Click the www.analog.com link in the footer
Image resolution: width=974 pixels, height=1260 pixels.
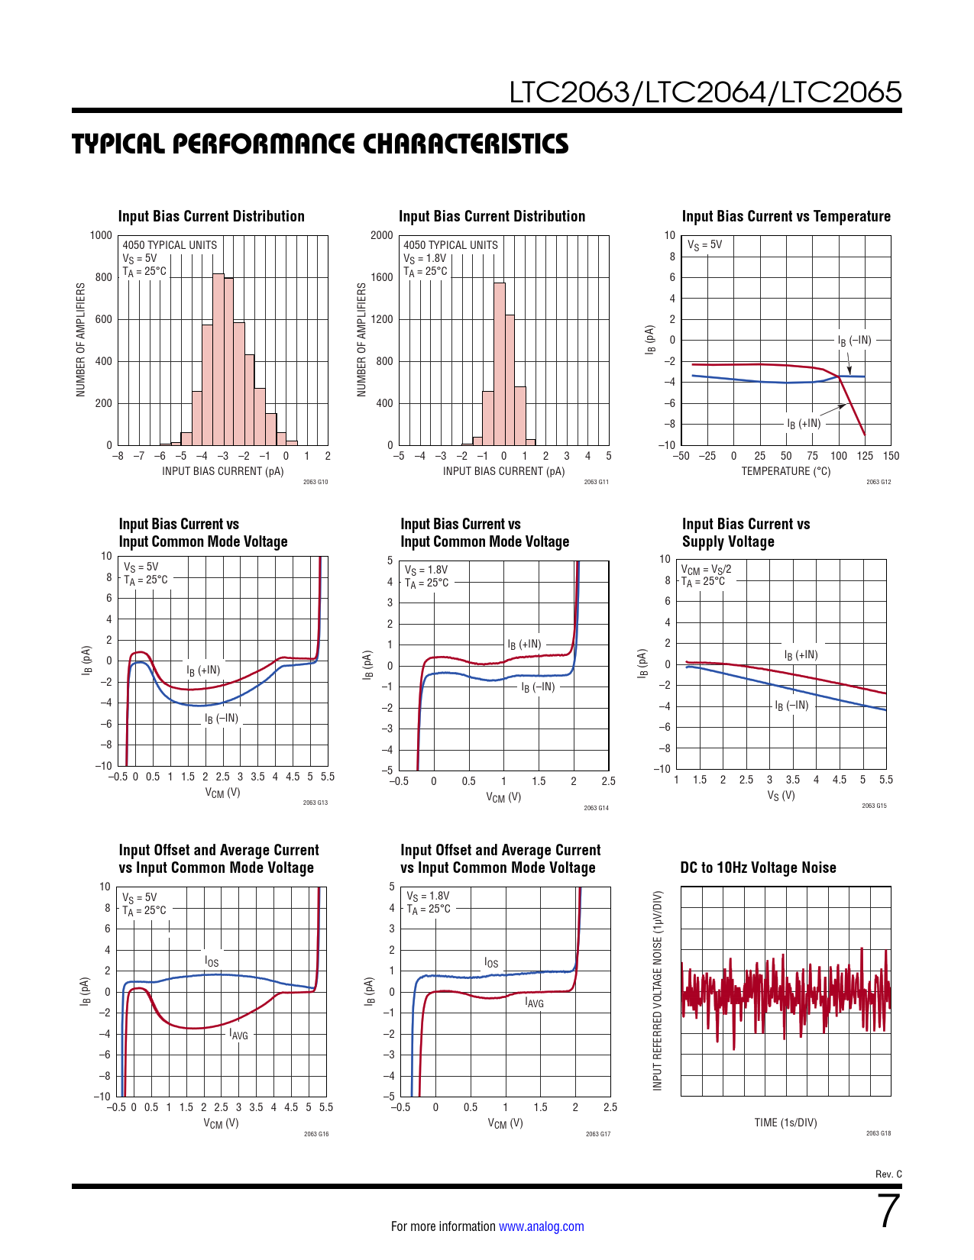point(541,1226)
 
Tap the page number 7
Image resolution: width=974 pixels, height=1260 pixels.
point(889,1212)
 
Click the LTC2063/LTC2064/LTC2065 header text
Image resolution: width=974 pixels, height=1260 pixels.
point(705,92)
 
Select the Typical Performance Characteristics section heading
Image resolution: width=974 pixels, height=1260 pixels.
point(320,144)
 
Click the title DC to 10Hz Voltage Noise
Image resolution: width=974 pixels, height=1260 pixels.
point(758,867)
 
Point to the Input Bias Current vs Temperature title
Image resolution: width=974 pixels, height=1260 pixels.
point(786,216)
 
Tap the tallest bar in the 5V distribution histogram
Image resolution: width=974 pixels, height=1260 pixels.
point(218,359)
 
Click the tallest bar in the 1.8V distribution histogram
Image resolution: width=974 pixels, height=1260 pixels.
point(499,363)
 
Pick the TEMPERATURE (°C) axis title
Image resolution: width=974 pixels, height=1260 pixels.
point(785,471)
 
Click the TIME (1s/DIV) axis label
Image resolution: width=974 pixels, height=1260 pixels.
point(785,1123)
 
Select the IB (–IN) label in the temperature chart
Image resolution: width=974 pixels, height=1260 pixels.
point(854,341)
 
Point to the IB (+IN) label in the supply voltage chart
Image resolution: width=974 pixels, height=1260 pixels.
point(801,655)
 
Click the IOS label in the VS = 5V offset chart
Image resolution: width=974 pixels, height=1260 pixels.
point(212,961)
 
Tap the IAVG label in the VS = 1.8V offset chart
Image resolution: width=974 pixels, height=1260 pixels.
point(534,1003)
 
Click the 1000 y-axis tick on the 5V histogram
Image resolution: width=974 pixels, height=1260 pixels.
point(101,235)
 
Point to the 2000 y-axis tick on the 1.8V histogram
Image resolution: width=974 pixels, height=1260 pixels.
point(382,235)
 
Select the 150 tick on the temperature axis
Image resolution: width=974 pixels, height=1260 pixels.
point(891,456)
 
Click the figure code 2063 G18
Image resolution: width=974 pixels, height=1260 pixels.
point(878,1133)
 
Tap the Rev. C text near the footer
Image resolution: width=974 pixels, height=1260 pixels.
point(888,1174)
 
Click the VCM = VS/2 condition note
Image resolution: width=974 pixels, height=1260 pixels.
point(706,569)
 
